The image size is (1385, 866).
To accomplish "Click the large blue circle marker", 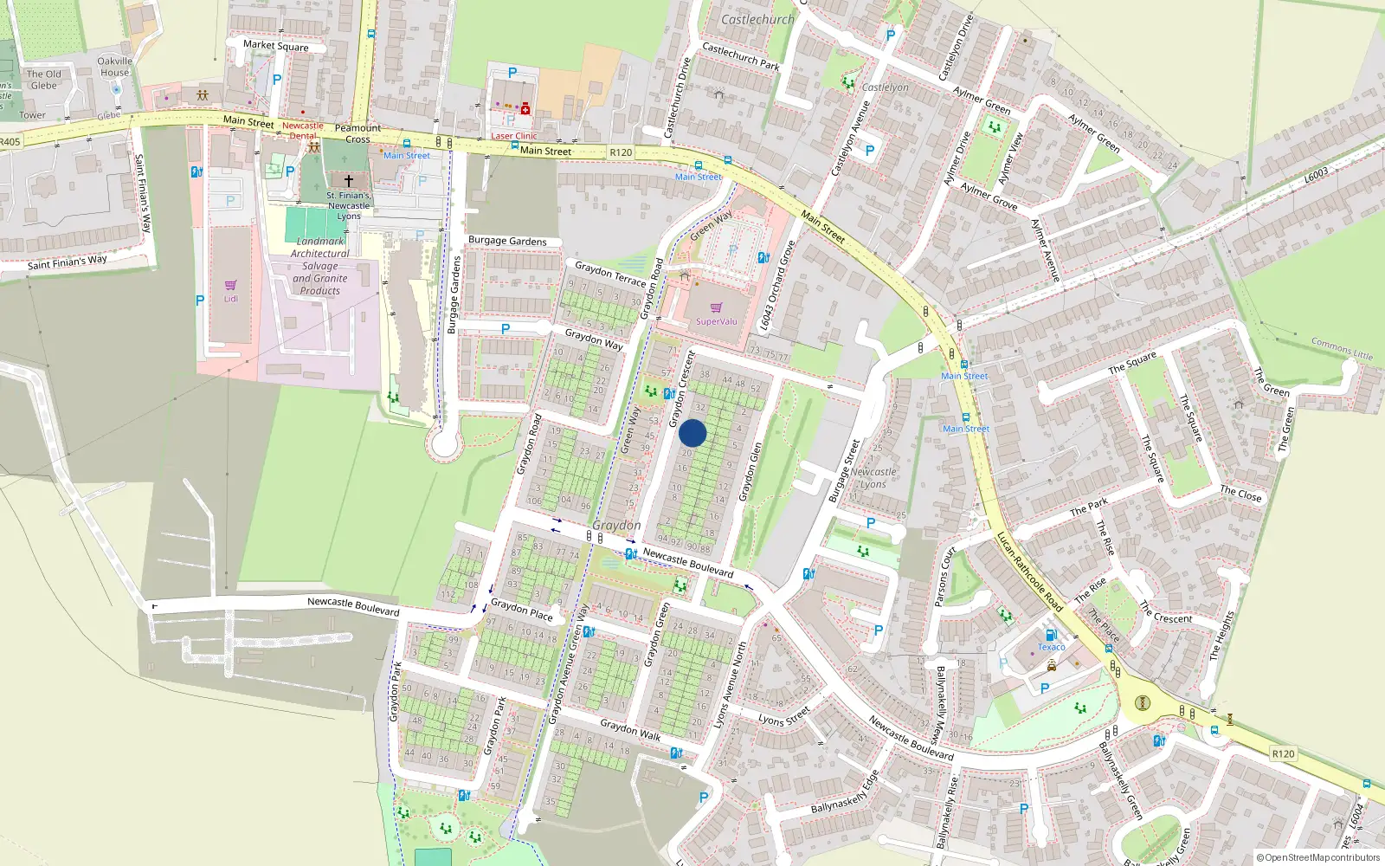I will [x=692, y=433].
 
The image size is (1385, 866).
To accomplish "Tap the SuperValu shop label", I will [x=717, y=321].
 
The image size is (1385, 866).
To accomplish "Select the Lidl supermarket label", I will [x=231, y=299].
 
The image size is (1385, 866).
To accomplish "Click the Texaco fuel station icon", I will [x=1051, y=635].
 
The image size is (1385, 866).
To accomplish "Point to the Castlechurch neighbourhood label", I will [x=757, y=19].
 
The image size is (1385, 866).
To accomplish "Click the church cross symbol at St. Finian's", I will [x=349, y=181].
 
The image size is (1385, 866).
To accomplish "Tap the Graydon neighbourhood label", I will [x=616, y=526].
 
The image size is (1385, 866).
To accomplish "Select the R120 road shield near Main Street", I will [x=621, y=152].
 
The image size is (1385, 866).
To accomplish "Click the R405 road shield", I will [x=10, y=142].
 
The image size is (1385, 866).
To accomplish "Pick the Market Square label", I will [x=275, y=45].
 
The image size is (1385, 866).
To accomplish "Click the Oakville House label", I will [x=114, y=67].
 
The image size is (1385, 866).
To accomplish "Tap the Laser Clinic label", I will [x=514, y=136].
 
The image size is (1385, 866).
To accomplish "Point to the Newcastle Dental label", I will [x=303, y=131].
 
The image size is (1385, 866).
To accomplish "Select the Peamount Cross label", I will [x=358, y=133].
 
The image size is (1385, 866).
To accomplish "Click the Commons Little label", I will [x=1342, y=349].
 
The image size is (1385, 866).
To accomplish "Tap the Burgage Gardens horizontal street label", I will [x=507, y=241].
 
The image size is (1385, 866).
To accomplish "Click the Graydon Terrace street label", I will [x=610, y=275].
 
